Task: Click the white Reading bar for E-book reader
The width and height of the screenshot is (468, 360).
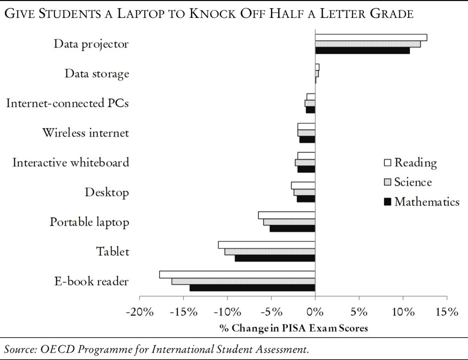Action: click(x=237, y=275)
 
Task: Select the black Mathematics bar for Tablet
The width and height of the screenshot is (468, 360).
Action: click(x=275, y=258)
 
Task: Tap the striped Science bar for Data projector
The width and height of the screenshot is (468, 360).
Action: click(x=368, y=44)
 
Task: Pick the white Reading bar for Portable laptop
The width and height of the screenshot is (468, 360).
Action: click(x=287, y=215)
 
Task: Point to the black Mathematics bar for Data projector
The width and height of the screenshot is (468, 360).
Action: click(x=362, y=51)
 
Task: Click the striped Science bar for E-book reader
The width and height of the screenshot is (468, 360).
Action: click(x=243, y=281)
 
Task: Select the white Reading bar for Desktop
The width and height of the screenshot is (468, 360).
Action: click(x=303, y=185)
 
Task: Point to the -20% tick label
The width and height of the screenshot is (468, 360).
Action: click(x=139, y=312)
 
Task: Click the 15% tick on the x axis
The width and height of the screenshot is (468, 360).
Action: click(x=447, y=312)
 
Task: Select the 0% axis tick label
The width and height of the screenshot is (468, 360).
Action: click(x=315, y=312)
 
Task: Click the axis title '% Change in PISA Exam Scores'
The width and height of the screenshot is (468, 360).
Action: click(x=294, y=328)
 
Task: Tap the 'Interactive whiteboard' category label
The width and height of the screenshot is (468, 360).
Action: click(x=70, y=162)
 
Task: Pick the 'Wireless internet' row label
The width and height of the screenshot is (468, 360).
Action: click(x=85, y=133)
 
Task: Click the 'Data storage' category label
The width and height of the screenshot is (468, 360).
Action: click(x=96, y=74)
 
